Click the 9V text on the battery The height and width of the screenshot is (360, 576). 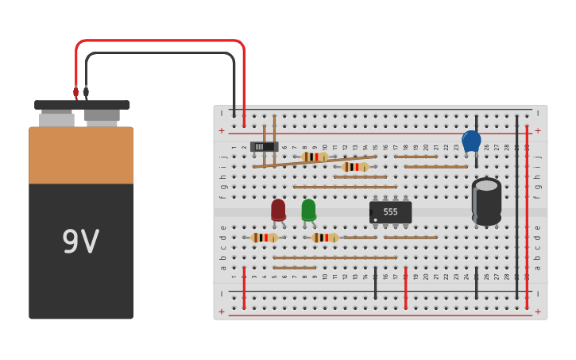pyautogui.click(x=80, y=242)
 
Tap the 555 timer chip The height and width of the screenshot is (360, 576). pyautogui.click(x=390, y=212)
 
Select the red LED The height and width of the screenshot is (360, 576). pyautogui.click(x=278, y=210)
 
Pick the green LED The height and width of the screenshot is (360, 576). pyautogui.click(x=308, y=210)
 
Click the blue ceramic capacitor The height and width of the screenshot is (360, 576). pyautogui.click(x=471, y=141)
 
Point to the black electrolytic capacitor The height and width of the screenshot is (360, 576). pyautogui.click(x=486, y=200)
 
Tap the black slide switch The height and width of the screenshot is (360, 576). pyautogui.click(x=264, y=146)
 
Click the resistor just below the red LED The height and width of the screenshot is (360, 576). pyautogui.click(x=265, y=238)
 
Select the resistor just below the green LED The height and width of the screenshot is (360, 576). pyautogui.click(x=324, y=238)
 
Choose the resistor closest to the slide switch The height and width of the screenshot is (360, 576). pyautogui.click(x=315, y=157)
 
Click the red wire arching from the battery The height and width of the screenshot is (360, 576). pyautogui.click(x=159, y=41)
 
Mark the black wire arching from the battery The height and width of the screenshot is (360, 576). pyautogui.click(x=159, y=54)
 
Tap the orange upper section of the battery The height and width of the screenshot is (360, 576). pyautogui.click(x=81, y=156)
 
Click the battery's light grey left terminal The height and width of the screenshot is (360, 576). pyautogui.click(x=56, y=119)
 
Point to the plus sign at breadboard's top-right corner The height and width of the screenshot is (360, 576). pyautogui.click(x=538, y=130)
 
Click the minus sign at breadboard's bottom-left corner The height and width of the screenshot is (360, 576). pyautogui.click(x=222, y=293)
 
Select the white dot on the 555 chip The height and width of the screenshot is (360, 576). pyautogui.click(x=375, y=219)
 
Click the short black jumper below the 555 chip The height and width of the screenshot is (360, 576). pyautogui.click(x=375, y=283)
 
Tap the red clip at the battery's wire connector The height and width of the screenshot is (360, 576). pyautogui.click(x=76, y=92)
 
